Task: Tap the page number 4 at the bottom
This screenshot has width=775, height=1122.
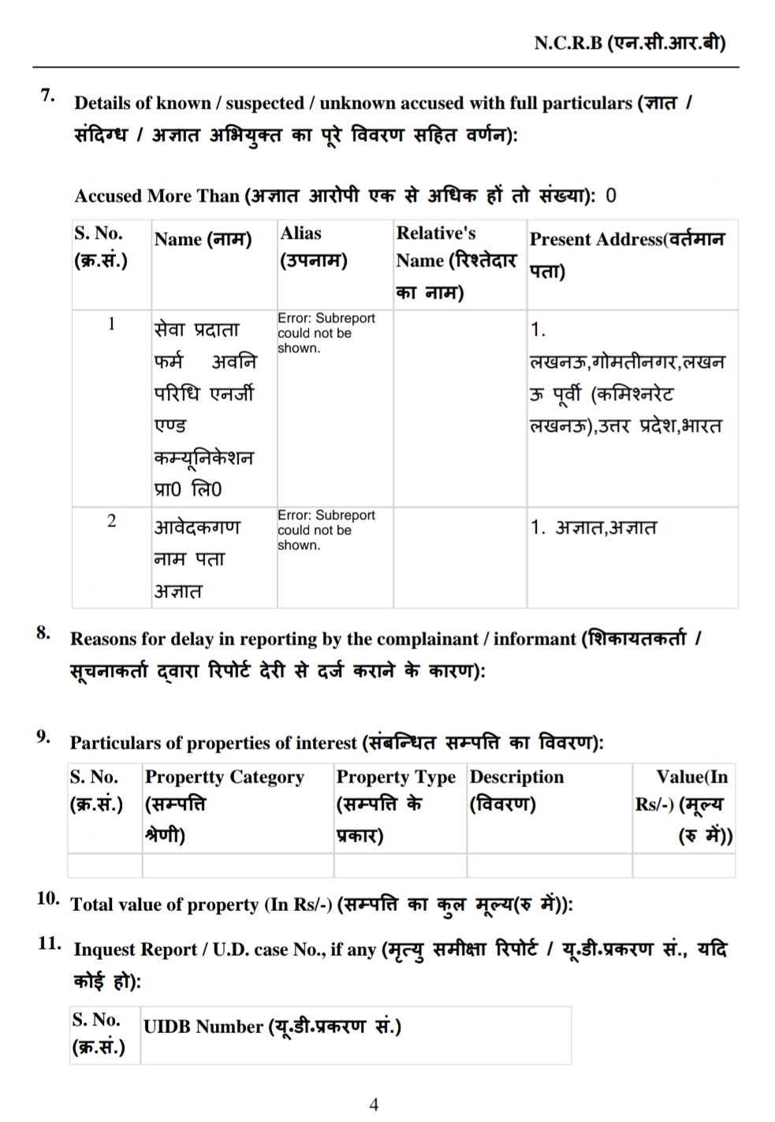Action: click(374, 1104)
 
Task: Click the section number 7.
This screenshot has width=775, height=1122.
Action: click(48, 96)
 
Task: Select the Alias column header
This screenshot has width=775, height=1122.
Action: click(313, 247)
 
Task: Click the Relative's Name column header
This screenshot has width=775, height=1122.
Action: click(456, 262)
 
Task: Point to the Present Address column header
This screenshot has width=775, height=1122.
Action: click(627, 254)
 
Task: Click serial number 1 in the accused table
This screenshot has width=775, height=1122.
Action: click(111, 324)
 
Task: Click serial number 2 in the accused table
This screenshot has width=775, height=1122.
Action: click(111, 521)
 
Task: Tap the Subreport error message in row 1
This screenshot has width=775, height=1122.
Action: click(326, 333)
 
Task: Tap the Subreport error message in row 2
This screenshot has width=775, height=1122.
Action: click(326, 529)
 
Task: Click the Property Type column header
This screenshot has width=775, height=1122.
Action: click(396, 805)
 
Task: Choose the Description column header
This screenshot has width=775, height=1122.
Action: click(516, 790)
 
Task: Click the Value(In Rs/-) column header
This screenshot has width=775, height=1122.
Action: click(684, 805)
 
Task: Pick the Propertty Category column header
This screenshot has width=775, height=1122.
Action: click(224, 805)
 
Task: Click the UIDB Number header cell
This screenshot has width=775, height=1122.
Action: click(272, 1027)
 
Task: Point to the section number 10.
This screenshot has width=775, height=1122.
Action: click(48, 898)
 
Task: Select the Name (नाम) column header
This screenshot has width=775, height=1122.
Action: click(203, 240)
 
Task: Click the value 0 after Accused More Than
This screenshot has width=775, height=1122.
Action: click(611, 195)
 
